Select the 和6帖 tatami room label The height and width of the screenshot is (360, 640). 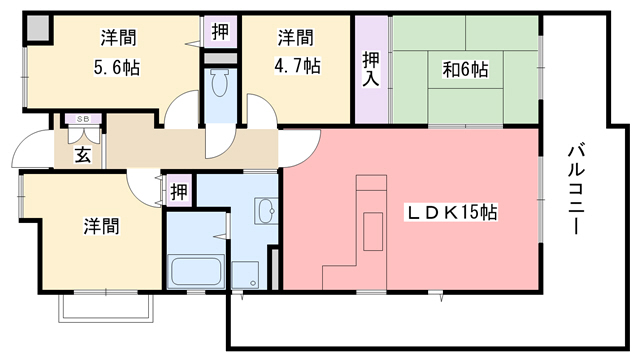point(465,70)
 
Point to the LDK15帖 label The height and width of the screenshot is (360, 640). point(452,212)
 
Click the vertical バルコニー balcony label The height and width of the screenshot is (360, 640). point(576,188)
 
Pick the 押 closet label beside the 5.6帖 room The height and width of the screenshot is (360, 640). point(219,30)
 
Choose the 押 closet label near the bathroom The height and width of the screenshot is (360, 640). point(177,189)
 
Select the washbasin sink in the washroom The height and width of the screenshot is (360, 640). point(266,211)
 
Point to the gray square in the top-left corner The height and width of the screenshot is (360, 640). point(37,29)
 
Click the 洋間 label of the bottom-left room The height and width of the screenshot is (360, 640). point(101,227)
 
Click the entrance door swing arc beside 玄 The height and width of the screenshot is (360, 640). point(30,150)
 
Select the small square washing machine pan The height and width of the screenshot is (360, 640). point(244,274)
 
